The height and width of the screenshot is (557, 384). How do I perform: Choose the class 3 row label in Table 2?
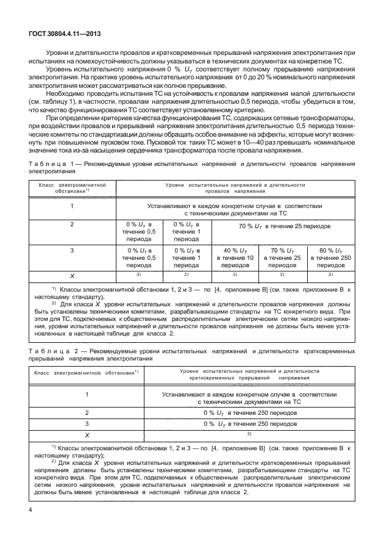pos(87,423)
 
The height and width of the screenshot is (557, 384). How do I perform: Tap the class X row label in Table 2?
pos(87,435)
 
